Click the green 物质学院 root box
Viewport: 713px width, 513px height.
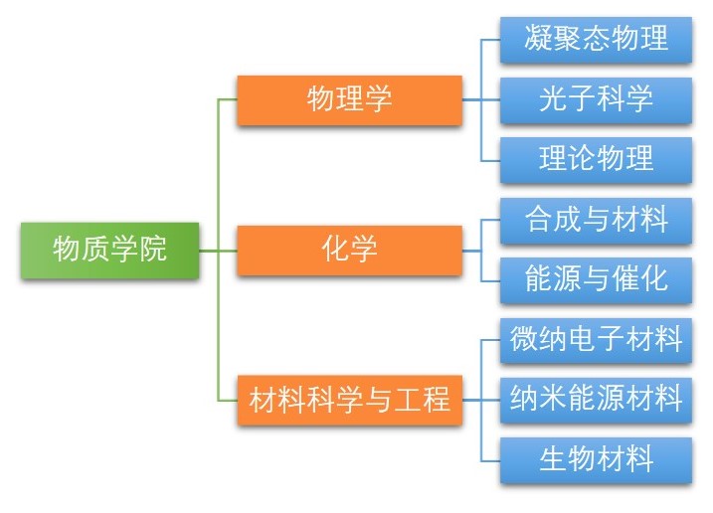(109, 251)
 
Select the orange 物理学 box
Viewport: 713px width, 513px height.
(349, 99)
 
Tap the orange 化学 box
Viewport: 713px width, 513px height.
(349, 250)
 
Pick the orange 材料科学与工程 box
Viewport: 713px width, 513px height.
(349, 402)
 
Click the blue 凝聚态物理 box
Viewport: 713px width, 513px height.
(596, 40)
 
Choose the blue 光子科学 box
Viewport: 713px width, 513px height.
(596, 99)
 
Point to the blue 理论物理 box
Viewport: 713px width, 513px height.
(596, 159)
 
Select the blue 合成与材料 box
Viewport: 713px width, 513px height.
(596, 220)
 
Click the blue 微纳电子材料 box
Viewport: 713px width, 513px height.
(596, 341)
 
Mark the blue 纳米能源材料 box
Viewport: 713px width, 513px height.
(596, 401)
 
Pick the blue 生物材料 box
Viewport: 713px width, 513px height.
(596, 460)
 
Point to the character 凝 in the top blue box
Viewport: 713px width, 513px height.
(539, 40)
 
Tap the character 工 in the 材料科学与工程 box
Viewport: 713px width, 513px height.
(409, 402)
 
